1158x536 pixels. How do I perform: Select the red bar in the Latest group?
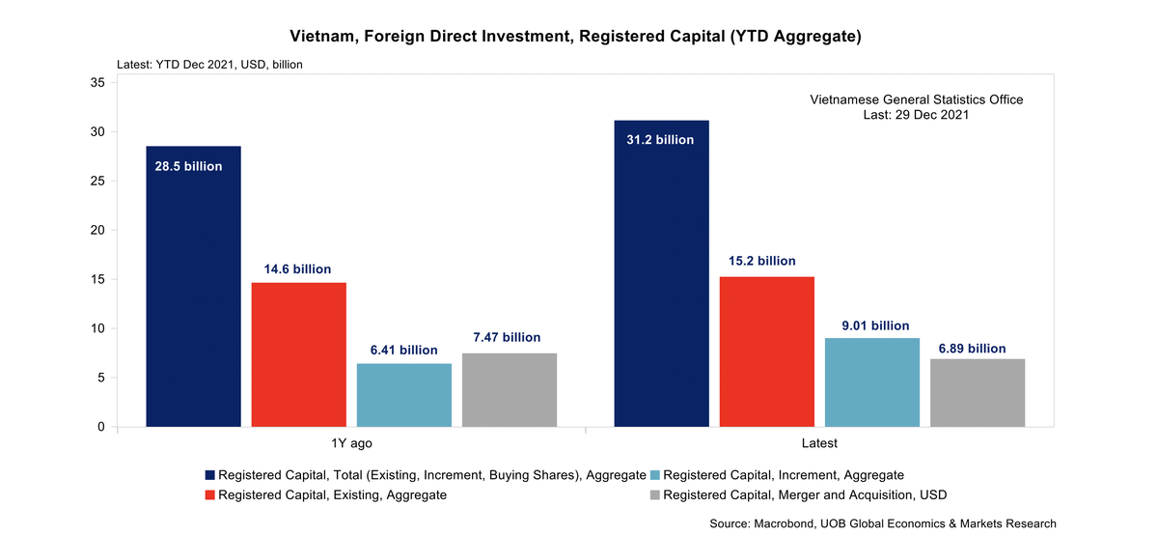coord(766,352)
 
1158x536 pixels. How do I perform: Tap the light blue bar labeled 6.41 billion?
coord(403,395)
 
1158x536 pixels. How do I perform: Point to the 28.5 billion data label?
coord(189,166)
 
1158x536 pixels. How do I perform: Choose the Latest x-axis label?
coord(819,443)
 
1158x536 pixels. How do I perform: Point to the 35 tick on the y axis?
coord(97,83)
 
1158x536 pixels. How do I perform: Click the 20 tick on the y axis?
coord(97,230)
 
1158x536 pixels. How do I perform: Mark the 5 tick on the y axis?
coord(101,378)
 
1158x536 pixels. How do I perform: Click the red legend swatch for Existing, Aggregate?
coord(210,494)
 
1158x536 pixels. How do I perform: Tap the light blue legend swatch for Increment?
coord(655,475)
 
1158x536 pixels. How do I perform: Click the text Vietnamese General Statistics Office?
coord(916,99)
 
